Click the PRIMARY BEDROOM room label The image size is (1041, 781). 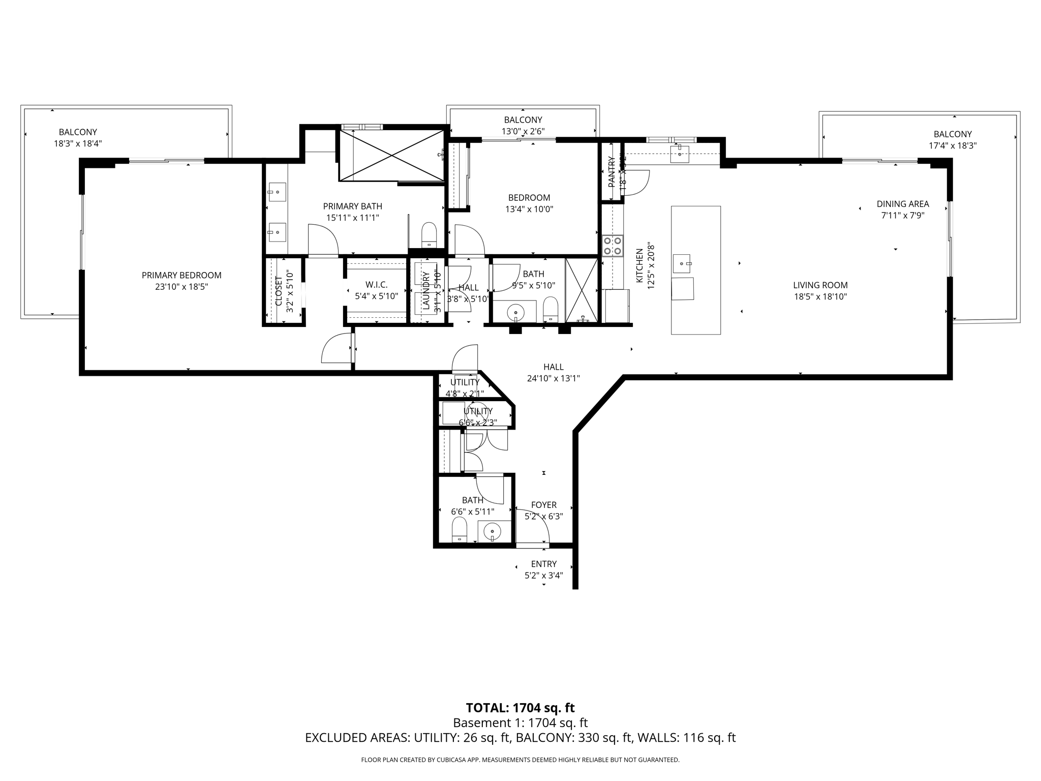[181, 275]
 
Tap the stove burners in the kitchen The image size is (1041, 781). [613, 246]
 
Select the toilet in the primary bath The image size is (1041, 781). [429, 235]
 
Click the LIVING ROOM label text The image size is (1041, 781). [820, 285]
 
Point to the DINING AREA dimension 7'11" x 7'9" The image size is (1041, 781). [902, 215]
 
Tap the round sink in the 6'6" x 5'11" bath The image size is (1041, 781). [493, 532]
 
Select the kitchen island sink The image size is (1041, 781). [682, 263]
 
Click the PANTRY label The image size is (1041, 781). [611, 172]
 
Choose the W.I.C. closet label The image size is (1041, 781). [376, 285]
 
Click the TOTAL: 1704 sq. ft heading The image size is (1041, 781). [520, 708]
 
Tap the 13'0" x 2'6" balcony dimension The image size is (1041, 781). [523, 131]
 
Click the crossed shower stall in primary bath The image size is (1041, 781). [391, 155]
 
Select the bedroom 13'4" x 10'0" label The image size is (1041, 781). [529, 203]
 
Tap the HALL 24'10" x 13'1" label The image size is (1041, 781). [553, 372]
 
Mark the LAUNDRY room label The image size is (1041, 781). [426, 291]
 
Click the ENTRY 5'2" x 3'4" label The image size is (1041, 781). [543, 569]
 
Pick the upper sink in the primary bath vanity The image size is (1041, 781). [277, 192]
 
